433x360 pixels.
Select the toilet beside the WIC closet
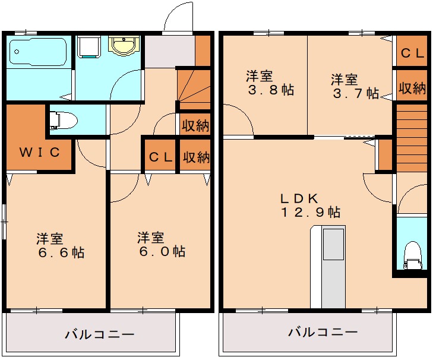click(62, 121)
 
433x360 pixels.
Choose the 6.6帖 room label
click(59, 245)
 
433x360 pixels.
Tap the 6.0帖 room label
click(160, 245)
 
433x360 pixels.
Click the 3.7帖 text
click(354, 86)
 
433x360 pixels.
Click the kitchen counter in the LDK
click(327, 267)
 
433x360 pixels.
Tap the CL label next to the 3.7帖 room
click(412, 53)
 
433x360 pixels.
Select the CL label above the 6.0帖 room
click(160, 157)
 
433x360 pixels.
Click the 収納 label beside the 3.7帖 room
click(412, 89)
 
